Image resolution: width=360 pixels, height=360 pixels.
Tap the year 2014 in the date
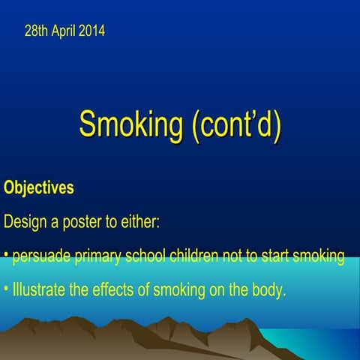tap(91, 31)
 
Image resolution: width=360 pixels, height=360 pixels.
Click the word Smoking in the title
tap(130, 124)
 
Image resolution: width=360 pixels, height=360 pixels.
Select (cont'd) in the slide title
tap(235, 124)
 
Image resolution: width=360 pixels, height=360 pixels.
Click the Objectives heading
tap(39, 187)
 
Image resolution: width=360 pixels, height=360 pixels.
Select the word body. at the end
tap(269, 290)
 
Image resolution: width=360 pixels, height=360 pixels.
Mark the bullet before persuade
tap(6, 257)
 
